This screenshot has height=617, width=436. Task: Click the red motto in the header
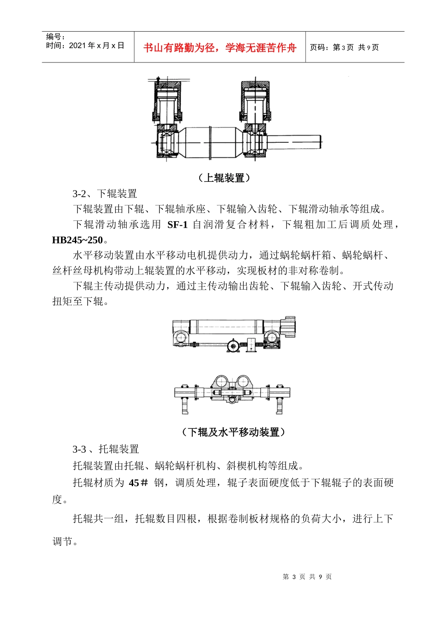click(x=220, y=48)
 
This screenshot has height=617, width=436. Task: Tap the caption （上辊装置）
click(x=224, y=178)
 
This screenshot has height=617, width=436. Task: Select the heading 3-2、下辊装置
click(x=105, y=194)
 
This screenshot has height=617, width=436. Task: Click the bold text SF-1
click(x=177, y=225)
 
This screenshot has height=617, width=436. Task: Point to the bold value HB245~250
click(x=78, y=240)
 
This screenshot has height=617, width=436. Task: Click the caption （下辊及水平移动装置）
click(x=233, y=432)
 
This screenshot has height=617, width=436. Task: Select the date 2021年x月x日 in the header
click(x=97, y=45)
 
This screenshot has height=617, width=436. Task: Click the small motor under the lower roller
click(x=233, y=346)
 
